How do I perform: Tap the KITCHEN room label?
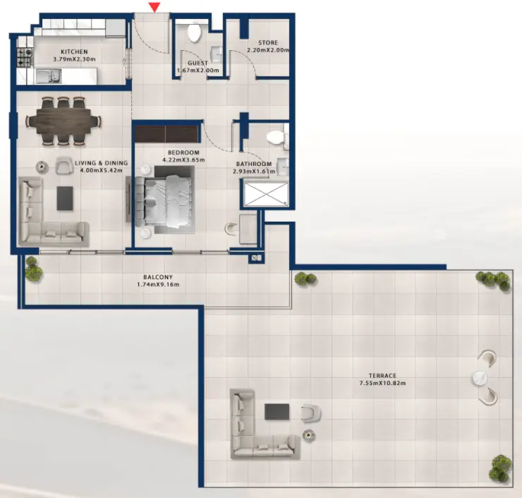[x=74, y=52]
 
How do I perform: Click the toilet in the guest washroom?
[x=194, y=32]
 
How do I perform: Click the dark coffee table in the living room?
[x=65, y=198]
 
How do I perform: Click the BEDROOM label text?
[x=183, y=153]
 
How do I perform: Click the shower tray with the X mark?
[x=262, y=192]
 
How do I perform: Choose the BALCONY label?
[x=159, y=277]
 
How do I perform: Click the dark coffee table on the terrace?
[x=276, y=413]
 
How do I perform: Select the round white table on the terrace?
[x=483, y=378]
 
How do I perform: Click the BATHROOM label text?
[x=254, y=164]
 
